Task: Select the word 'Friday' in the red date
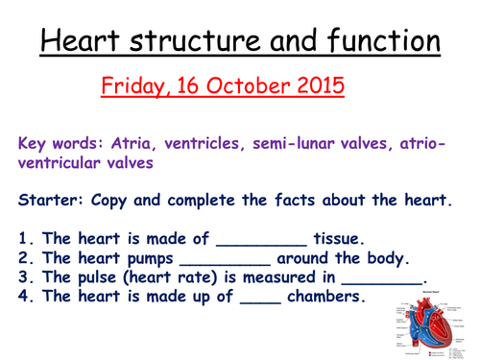pyautogui.click(x=134, y=87)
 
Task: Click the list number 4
pyautogui.click(x=24, y=298)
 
